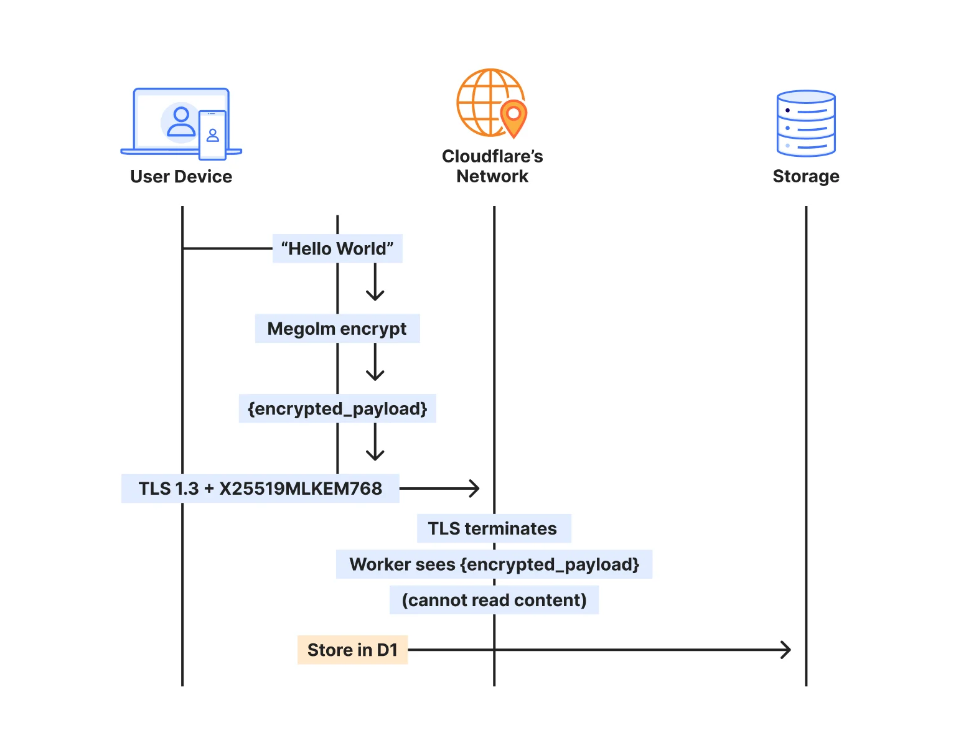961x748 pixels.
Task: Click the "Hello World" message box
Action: [337, 249]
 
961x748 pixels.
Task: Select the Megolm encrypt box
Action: [337, 329]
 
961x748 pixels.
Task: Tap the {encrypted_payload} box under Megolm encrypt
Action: [337, 409]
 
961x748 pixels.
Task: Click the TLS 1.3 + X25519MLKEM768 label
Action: [260, 489]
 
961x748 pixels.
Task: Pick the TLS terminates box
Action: [494, 528]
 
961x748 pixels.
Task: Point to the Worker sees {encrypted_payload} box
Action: [494, 564]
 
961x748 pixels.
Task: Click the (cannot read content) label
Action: [494, 600]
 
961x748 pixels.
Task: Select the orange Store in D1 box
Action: [352, 650]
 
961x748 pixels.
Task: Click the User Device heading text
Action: [181, 177]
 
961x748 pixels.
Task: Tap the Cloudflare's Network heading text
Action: [492, 166]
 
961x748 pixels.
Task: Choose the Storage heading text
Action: [806, 177]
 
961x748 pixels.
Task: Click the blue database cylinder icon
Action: [806, 123]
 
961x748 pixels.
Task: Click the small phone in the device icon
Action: [212, 135]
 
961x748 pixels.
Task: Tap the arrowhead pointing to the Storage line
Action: [787, 650]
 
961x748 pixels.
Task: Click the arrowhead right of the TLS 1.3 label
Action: [475, 489]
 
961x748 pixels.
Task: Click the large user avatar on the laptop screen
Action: [181, 122]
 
